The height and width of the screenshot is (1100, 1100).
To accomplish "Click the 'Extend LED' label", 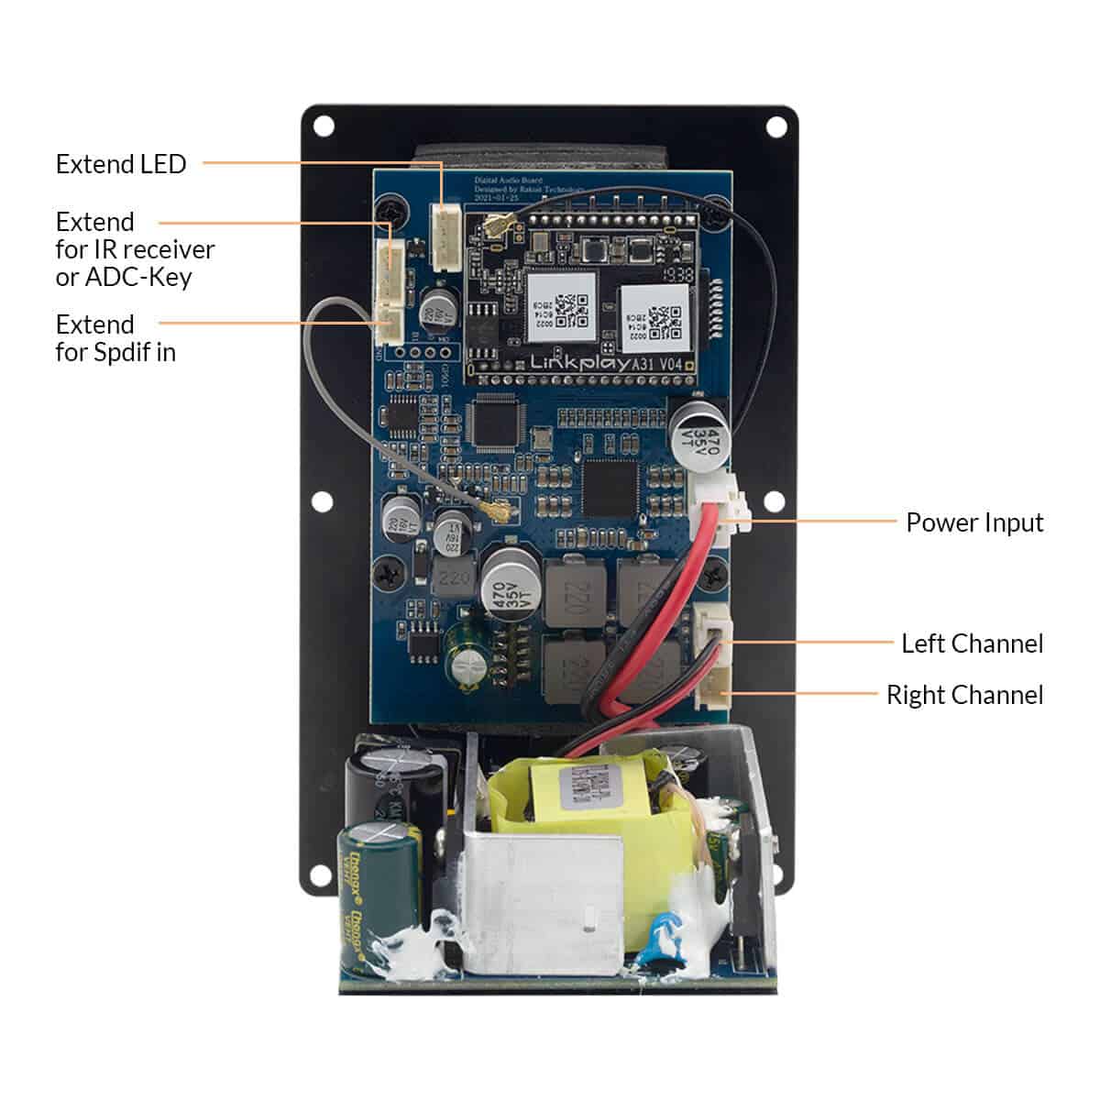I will point(121,164).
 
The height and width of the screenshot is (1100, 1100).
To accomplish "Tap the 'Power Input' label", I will point(974,522).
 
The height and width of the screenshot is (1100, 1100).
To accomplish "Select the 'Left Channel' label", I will point(972,643).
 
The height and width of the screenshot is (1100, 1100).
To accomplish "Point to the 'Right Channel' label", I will point(964,695).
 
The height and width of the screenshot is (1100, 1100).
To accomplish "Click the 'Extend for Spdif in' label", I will point(115,338).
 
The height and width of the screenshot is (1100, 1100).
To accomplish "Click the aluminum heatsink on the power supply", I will point(541,898).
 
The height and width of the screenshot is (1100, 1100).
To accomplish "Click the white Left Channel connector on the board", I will point(712,630).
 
